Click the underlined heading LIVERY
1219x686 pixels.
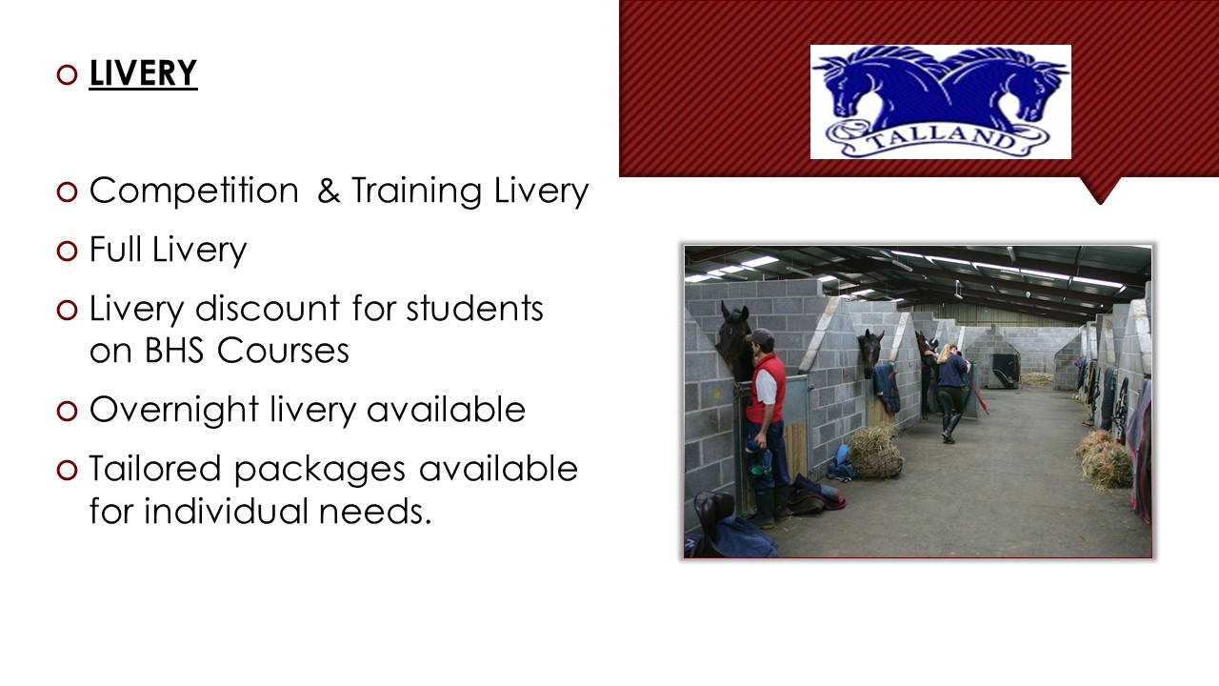[143, 73]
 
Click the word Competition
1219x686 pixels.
[194, 192]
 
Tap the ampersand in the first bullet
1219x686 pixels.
[329, 191]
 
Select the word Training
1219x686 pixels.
[416, 192]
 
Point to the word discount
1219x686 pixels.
[268, 308]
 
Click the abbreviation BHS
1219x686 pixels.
[174, 350]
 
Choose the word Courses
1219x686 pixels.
[283, 350]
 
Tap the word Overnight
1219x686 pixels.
[173, 411]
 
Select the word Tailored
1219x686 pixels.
[155, 468]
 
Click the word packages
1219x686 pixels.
[320, 470]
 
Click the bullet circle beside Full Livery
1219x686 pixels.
[67, 251]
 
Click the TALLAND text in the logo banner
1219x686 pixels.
[942, 138]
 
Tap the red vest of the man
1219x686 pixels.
[768, 388]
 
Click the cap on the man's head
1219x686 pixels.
[760, 336]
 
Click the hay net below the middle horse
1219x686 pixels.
[875, 452]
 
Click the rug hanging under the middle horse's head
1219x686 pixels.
[887, 388]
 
